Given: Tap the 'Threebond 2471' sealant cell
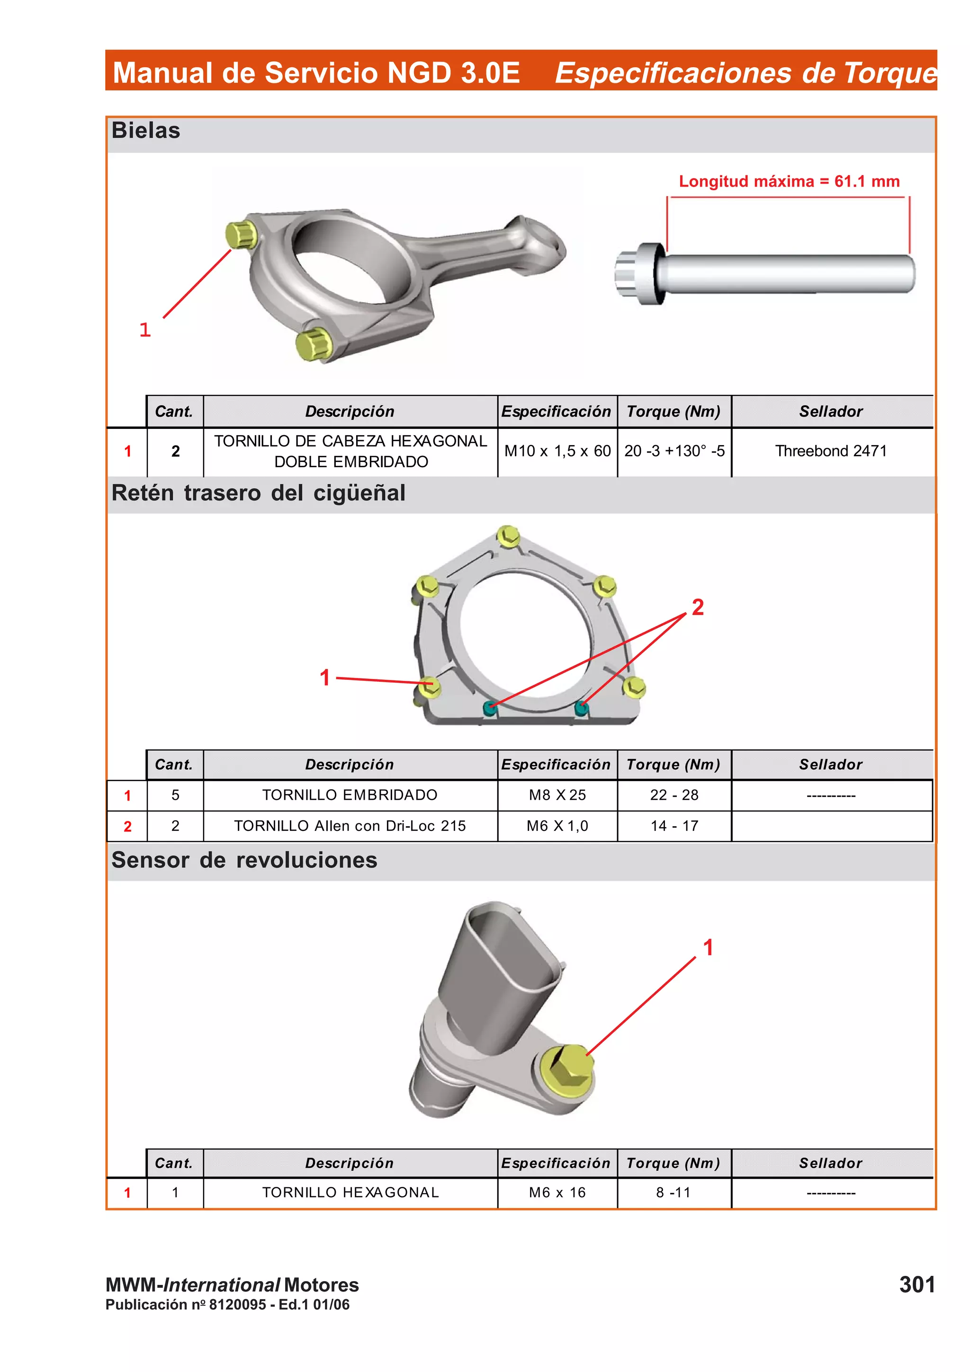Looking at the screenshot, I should tap(831, 451).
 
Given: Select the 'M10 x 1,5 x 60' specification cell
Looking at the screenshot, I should tap(557, 451).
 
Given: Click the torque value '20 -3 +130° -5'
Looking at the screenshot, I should tap(674, 451).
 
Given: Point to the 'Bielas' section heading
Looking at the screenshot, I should tap(146, 130).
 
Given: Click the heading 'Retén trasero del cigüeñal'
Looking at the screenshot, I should tap(258, 493).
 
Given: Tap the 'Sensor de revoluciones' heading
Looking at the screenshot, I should tap(244, 860).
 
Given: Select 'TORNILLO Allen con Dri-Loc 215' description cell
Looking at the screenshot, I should tap(350, 826).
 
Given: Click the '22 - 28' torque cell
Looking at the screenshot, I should tap(674, 795).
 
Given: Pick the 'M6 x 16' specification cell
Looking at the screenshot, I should tap(557, 1192).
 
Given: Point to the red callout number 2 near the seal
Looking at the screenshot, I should tap(698, 607).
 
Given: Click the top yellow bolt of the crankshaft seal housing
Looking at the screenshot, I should tap(508, 536).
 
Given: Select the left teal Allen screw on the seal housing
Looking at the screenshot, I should tap(490, 709).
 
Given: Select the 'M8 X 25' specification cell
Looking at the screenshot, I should tap(557, 795).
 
